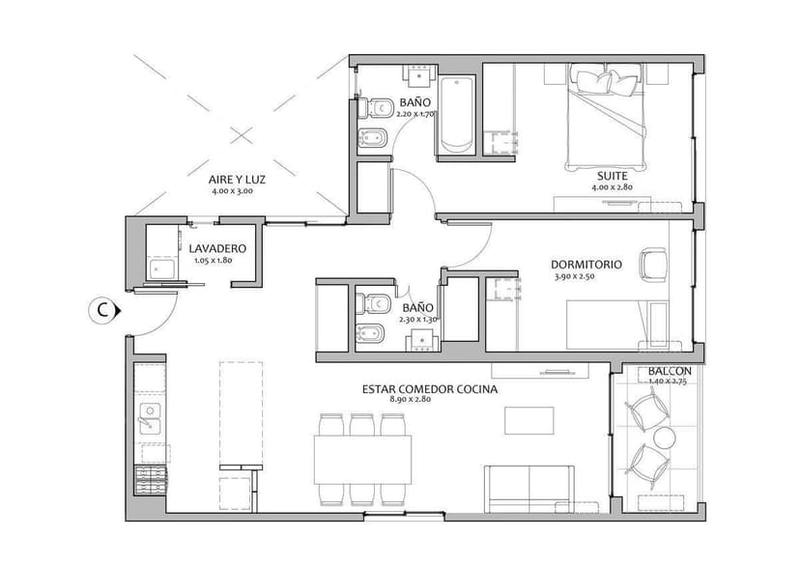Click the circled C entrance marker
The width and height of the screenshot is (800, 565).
pos(101,310)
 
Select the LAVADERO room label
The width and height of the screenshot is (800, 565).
pos(217,248)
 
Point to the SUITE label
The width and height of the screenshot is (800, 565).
pos(612,177)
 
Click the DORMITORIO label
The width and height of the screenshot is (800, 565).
pos(586,264)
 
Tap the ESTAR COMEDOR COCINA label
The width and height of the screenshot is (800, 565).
pos(430,389)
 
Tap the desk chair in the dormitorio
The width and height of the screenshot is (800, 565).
pos(654,263)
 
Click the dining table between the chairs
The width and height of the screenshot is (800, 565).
pos(363,459)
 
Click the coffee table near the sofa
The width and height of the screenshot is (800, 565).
pos(529,421)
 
